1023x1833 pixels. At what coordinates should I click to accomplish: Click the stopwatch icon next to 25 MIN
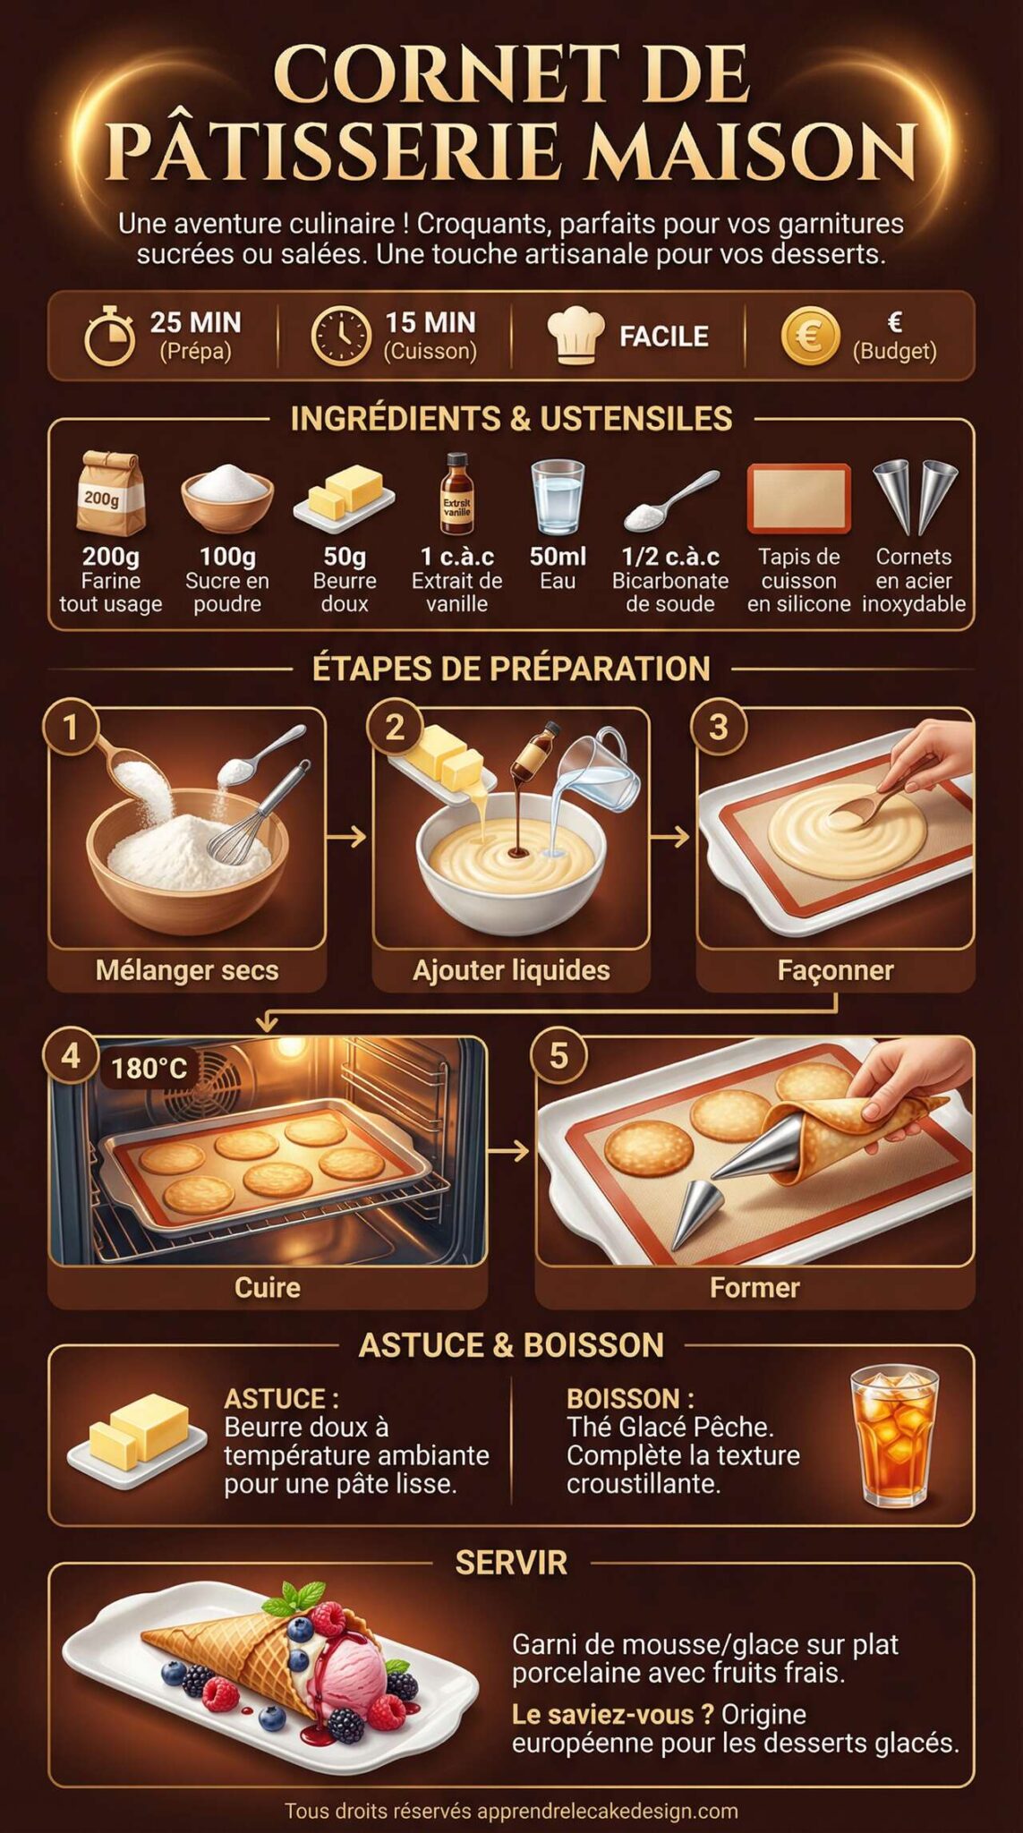[x=109, y=337]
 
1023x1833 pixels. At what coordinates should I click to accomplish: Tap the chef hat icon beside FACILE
[x=575, y=336]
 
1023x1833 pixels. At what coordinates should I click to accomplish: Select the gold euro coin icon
[x=810, y=337]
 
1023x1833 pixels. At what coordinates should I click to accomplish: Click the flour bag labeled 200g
[x=110, y=494]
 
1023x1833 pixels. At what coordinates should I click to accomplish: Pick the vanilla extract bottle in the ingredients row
[x=456, y=494]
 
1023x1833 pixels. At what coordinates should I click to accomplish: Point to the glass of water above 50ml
[x=557, y=497]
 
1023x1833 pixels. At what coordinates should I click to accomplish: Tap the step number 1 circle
[x=70, y=727]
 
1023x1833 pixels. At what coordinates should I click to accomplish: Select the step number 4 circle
[x=70, y=1056]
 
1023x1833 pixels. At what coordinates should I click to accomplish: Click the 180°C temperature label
[x=149, y=1069]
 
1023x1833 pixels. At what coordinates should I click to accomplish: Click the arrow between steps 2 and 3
[x=670, y=837]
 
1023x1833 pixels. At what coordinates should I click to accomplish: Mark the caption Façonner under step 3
[x=835, y=970]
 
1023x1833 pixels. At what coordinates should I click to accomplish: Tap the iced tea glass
[x=894, y=1435]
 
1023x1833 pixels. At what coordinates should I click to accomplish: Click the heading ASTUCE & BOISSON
[x=511, y=1345]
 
